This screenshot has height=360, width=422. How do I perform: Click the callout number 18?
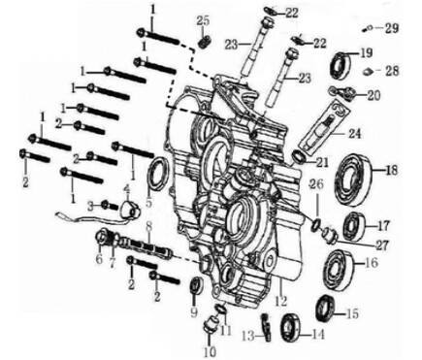392,171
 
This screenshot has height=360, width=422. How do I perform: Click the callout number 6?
99,260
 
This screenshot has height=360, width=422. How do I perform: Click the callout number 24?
354,132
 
